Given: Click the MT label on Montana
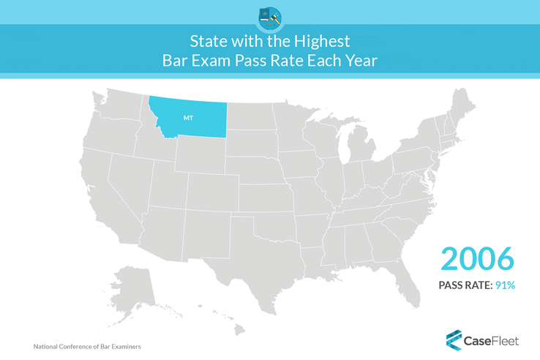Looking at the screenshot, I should pyautogui.click(x=188, y=116).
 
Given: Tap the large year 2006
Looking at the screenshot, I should pyautogui.click(x=478, y=259).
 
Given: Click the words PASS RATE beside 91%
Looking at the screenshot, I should pyautogui.click(x=463, y=285).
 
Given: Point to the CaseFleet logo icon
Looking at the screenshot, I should pyautogui.click(x=454, y=338).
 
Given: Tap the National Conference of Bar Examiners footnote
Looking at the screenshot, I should pyautogui.click(x=87, y=346).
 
